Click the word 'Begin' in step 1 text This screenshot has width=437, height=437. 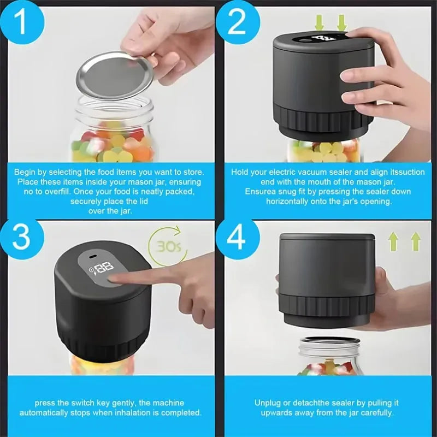(x=25, y=172)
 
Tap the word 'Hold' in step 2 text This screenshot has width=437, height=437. (x=240, y=172)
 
